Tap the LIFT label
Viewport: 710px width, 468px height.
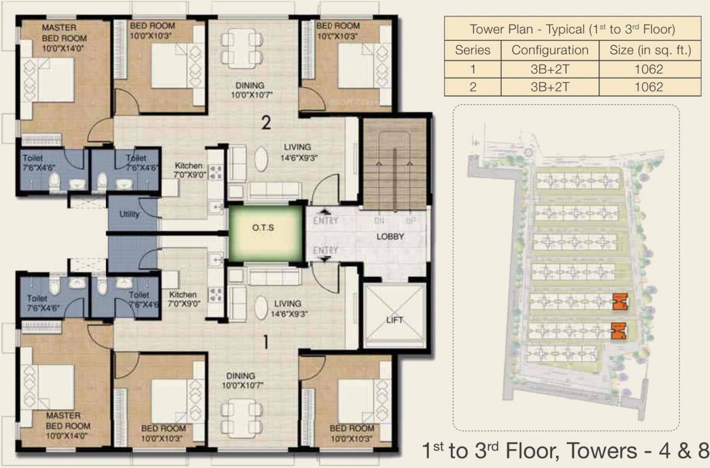tap(394, 320)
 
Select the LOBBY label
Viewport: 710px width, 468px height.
tap(389, 236)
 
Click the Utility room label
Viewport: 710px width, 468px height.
tap(129, 214)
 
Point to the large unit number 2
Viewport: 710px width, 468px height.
tap(266, 123)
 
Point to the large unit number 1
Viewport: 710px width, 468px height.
tap(265, 343)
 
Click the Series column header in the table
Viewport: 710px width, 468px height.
tap(472, 50)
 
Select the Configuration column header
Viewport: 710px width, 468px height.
tap(550, 50)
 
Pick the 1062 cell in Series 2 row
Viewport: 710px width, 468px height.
tap(648, 87)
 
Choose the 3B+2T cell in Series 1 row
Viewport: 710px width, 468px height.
tap(550, 69)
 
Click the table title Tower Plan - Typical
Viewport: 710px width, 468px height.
tap(572, 29)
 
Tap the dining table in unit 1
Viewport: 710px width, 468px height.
tap(235, 417)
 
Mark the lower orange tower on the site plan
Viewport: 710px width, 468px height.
tap(618, 330)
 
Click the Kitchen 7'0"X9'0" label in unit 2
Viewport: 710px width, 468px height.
tap(189, 170)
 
